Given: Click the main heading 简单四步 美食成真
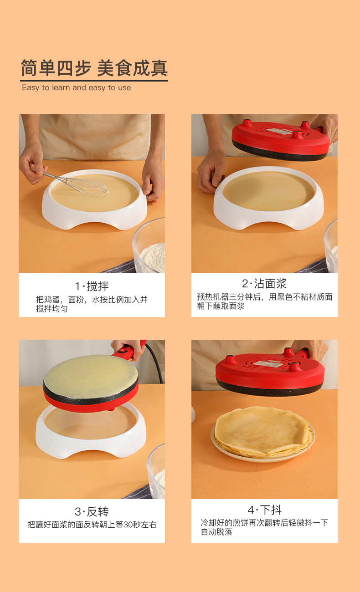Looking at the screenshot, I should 94,68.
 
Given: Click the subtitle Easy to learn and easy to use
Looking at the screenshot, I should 77,87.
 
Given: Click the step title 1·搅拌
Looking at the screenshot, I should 92,286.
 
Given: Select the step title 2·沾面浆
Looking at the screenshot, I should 264,284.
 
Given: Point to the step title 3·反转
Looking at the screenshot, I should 92,511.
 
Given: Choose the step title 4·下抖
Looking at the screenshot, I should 264,510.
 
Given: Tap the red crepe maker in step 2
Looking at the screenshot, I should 280,139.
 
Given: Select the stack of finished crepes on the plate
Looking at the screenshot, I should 263,432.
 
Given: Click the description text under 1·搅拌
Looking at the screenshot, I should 92,304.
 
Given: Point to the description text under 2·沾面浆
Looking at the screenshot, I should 264,301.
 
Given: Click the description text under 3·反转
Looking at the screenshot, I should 92,525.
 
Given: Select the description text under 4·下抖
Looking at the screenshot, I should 264,527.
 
